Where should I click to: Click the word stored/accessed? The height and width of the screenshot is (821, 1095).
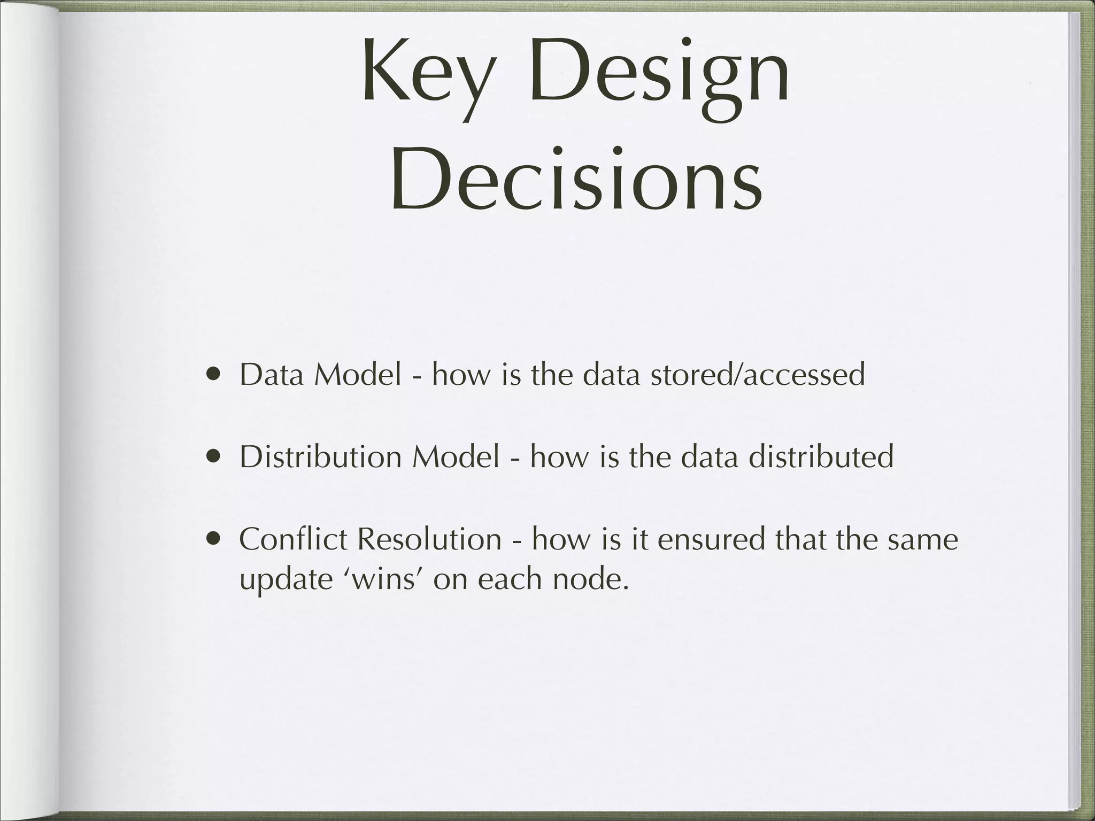click(757, 374)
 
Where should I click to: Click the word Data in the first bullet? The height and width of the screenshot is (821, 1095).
click(273, 374)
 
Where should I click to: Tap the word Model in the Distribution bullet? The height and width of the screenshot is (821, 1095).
click(456, 457)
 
